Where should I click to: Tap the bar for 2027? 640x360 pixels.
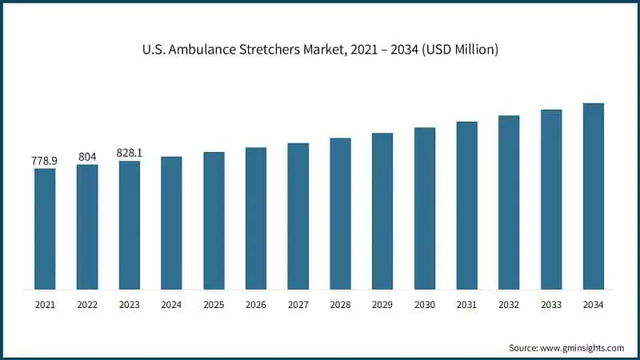[x=298, y=216]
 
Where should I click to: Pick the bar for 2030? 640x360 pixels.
[x=424, y=208]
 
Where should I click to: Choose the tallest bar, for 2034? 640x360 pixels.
[x=593, y=196]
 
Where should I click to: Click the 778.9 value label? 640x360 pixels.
[x=45, y=161]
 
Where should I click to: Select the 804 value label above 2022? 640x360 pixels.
[x=87, y=157]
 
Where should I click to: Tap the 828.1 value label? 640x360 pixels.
[x=130, y=153]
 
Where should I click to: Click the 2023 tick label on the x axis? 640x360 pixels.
[x=130, y=305]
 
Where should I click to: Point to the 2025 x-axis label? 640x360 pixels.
[x=214, y=305]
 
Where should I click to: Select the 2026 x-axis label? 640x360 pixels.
[x=256, y=305]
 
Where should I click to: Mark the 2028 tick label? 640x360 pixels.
[x=340, y=305]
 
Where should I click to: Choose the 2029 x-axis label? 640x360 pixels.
[x=382, y=305]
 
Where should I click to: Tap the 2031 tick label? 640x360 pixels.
[x=466, y=305]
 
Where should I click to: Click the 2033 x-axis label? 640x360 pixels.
[x=550, y=305]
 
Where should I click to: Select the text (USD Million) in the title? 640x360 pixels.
[x=458, y=50]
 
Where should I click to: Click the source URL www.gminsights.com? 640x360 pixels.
[x=581, y=347]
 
